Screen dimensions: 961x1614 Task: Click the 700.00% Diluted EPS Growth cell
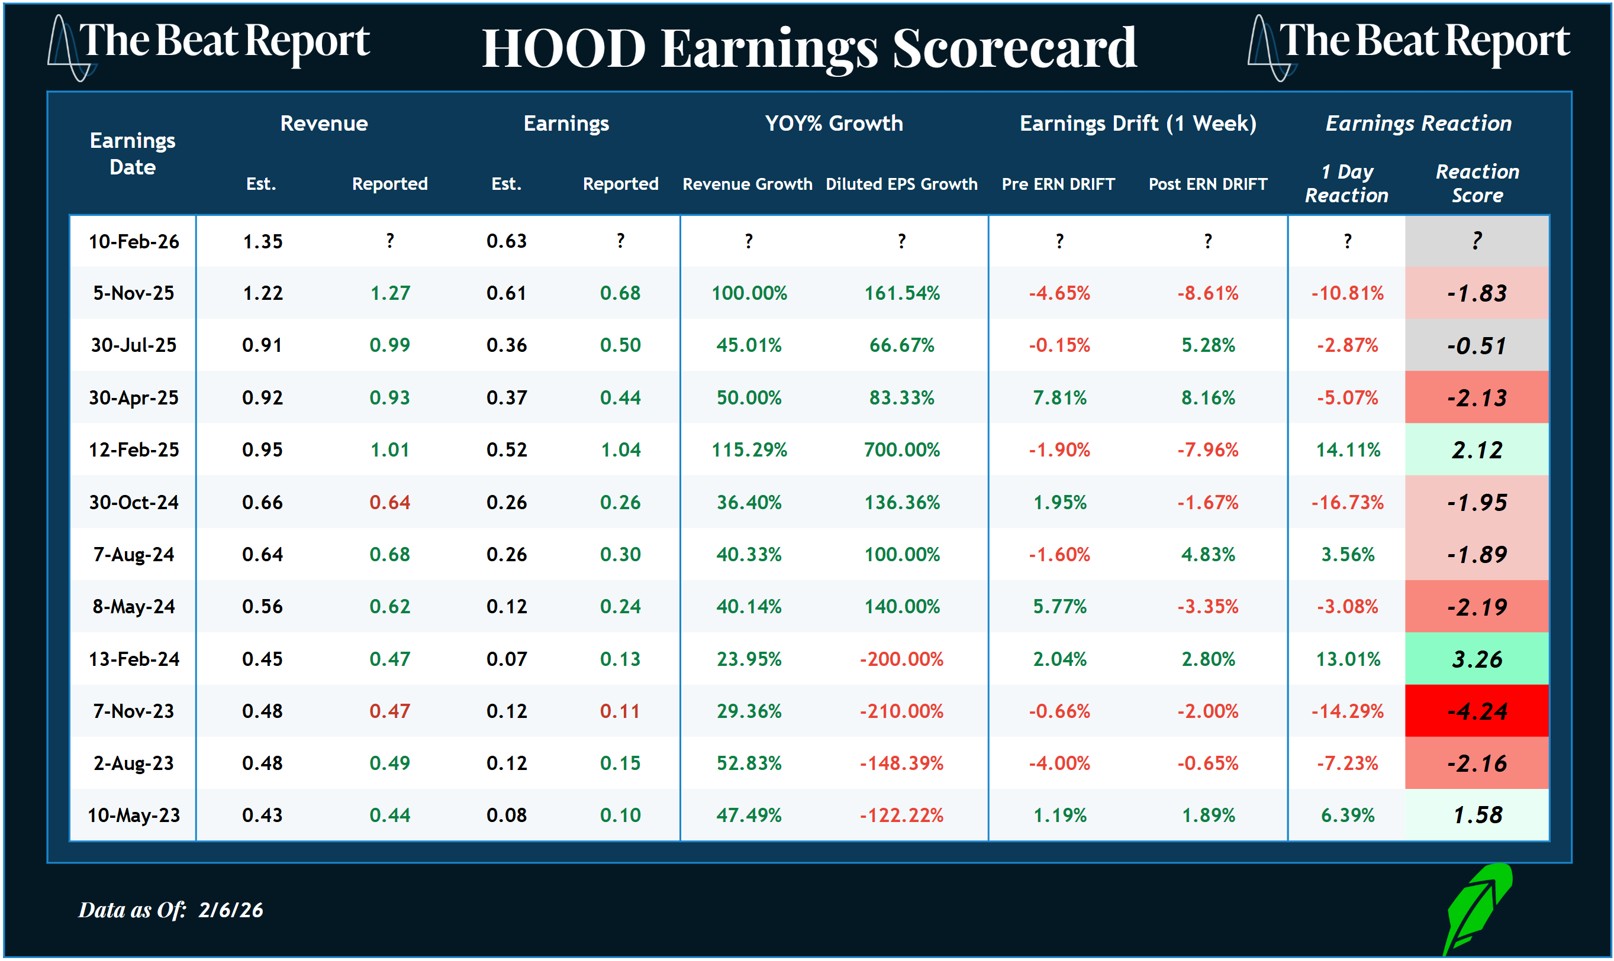coord(901,449)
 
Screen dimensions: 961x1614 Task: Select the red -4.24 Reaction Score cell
coord(1477,711)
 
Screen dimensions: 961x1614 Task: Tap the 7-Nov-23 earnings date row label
coord(134,711)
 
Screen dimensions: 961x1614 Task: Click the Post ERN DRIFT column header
coord(1208,184)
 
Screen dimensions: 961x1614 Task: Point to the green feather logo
coord(1478,907)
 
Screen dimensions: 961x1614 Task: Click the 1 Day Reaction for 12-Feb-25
coord(1348,449)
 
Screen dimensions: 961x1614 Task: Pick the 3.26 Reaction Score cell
coord(1477,659)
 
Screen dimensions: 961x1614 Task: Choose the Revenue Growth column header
coord(747,184)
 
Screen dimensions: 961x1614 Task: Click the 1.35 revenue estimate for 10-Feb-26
coord(262,241)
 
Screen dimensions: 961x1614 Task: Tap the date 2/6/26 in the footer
coord(231,910)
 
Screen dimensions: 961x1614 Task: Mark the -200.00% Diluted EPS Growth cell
coord(901,659)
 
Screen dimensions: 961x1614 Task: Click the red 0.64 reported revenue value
coord(389,502)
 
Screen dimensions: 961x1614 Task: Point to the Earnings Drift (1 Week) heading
coord(1138,123)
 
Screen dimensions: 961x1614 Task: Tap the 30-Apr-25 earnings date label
coord(134,397)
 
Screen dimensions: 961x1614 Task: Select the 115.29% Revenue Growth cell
coord(749,449)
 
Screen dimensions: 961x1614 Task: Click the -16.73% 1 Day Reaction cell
coord(1348,502)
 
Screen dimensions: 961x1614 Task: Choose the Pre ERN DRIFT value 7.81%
coord(1059,397)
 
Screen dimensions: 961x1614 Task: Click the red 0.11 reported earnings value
coord(620,711)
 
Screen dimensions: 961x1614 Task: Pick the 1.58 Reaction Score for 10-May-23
coord(1477,815)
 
